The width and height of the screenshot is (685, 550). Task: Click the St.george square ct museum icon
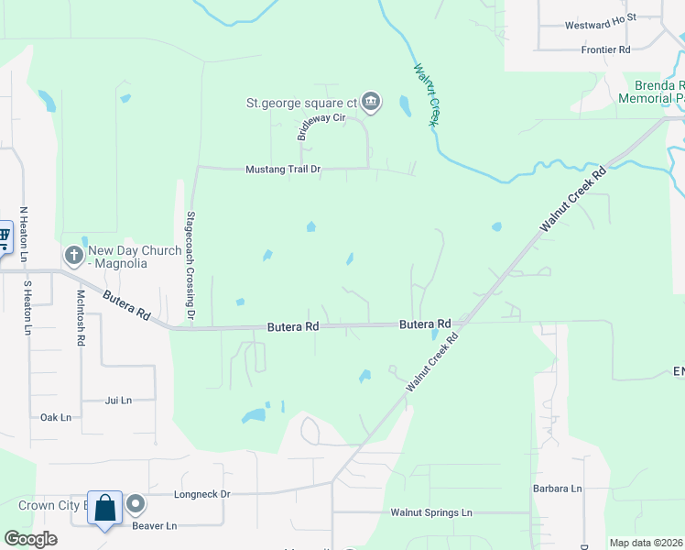371,102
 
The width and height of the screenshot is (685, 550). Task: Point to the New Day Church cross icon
74,253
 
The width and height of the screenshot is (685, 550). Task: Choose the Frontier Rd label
605,49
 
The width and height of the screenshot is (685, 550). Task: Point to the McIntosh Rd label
81,317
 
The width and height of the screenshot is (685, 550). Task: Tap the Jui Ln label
118,400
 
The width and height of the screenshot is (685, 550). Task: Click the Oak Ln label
56,417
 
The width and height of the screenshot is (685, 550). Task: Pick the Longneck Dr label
202,493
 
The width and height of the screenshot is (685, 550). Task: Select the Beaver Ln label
154,525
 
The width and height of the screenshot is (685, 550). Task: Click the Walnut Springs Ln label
430,512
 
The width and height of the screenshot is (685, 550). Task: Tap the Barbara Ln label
559,489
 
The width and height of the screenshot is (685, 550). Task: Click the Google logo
30,538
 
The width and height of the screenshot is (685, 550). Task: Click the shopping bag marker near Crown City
104,508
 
